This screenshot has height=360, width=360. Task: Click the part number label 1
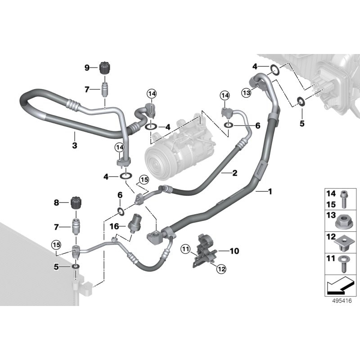pos(270,192)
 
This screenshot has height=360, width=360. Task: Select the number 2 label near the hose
pos(234,172)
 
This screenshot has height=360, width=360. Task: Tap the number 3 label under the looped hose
pos(75,145)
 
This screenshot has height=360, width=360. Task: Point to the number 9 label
pos(87,68)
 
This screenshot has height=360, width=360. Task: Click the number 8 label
pos(57,203)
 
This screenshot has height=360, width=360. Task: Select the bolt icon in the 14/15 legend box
pos(344,198)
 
